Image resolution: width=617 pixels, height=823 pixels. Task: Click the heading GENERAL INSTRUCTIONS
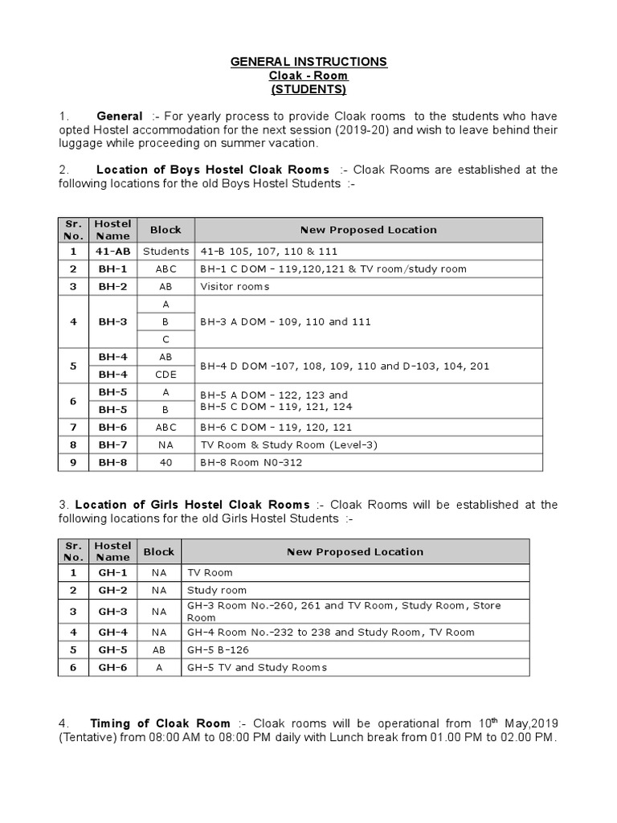coord(308,62)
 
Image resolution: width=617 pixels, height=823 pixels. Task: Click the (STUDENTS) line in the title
coord(308,88)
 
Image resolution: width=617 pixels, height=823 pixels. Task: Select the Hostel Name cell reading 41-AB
coord(113,251)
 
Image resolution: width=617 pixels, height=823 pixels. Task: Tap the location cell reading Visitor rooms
coord(235,286)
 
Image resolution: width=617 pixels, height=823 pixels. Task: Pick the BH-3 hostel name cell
coord(113,321)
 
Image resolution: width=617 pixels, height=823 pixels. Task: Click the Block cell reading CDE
coord(165,375)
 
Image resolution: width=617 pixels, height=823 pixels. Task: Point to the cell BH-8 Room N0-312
coord(251,463)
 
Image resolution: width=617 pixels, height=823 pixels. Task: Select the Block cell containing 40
coord(165,463)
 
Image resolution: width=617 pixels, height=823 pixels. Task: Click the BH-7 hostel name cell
coord(113,445)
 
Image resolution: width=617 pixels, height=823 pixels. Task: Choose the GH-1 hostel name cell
coord(113,573)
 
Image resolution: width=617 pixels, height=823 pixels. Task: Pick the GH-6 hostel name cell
coord(113,667)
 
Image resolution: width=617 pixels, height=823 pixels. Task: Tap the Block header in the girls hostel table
coord(158,552)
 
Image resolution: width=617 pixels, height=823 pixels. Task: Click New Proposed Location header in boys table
coord(369,230)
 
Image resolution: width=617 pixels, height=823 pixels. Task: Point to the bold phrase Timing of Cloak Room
coord(160,723)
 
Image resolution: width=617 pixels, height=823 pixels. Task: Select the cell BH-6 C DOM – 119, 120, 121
coord(276,428)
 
